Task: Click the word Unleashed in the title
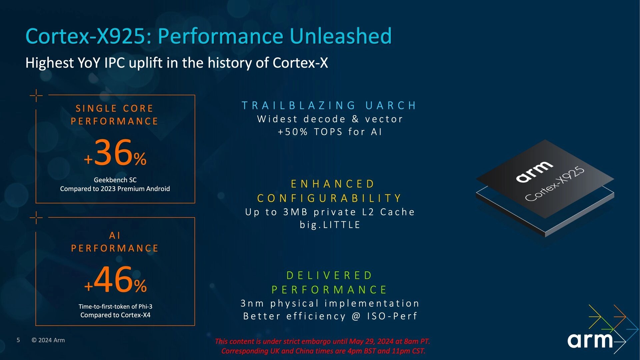pos(340,36)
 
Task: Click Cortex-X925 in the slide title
pos(86,36)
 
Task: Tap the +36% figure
pos(115,153)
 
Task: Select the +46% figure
pos(115,280)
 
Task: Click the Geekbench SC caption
pos(115,180)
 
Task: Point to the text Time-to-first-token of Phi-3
pos(115,306)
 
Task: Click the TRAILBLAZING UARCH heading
pos(329,106)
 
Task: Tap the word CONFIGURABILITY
pos(329,198)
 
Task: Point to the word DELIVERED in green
pos(329,276)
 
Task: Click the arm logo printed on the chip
pos(534,171)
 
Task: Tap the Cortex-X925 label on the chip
pos(555,184)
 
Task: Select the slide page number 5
pos(18,340)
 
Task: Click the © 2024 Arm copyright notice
pos(48,340)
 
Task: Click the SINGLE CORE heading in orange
pos(114,109)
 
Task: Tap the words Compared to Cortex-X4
pos(115,315)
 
